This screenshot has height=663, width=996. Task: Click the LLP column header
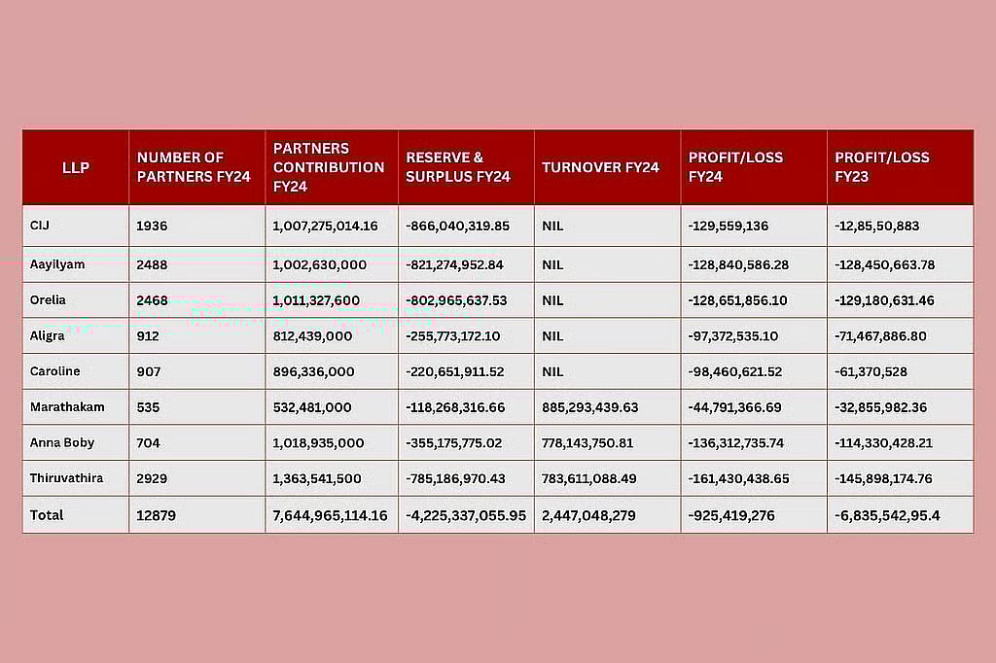coord(75,167)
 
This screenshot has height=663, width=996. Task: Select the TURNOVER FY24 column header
coord(600,167)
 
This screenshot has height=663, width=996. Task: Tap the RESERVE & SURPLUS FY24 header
coord(458,167)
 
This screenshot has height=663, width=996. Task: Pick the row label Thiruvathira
coord(65,478)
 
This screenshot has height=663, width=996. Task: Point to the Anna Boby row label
coord(61,442)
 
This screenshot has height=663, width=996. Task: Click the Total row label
coord(47,514)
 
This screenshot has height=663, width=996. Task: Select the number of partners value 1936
coord(152,227)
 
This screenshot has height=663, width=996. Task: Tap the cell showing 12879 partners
coord(157,515)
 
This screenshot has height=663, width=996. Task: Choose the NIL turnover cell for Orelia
coord(552,300)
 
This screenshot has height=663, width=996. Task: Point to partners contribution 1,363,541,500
coord(319,478)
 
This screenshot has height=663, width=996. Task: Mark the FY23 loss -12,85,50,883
coord(877,227)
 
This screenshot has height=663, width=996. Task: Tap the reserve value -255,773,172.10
coord(453,335)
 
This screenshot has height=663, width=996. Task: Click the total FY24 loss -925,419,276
coord(731,515)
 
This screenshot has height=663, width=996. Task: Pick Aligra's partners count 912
coord(149,335)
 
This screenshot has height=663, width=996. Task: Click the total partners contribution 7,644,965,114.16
coord(330,515)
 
